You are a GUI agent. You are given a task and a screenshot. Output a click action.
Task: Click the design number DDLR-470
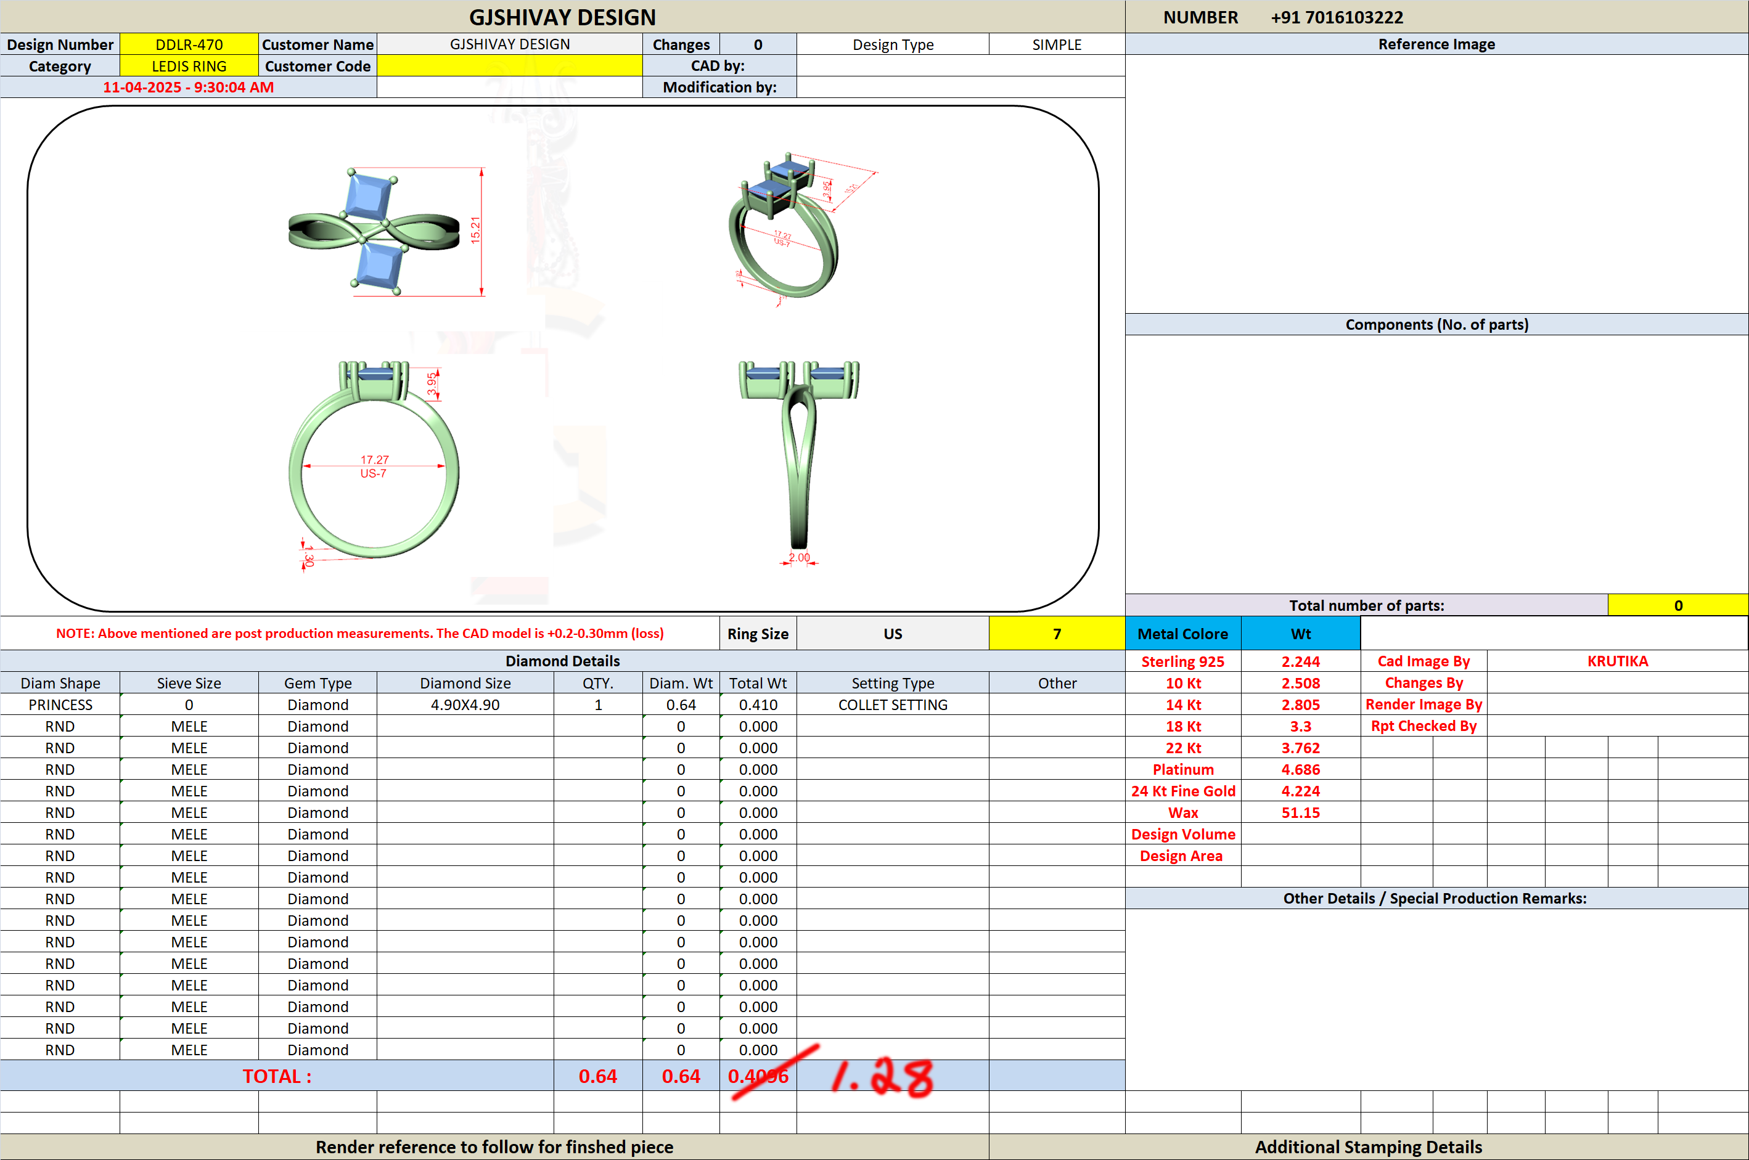189,44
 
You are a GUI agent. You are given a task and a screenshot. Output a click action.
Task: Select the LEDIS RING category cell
189,66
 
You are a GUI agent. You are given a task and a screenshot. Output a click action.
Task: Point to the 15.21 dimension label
475,230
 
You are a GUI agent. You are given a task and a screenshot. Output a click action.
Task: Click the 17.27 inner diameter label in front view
374,459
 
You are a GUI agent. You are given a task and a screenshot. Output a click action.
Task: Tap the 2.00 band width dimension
799,557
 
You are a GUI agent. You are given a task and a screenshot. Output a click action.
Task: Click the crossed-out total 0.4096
758,1076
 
